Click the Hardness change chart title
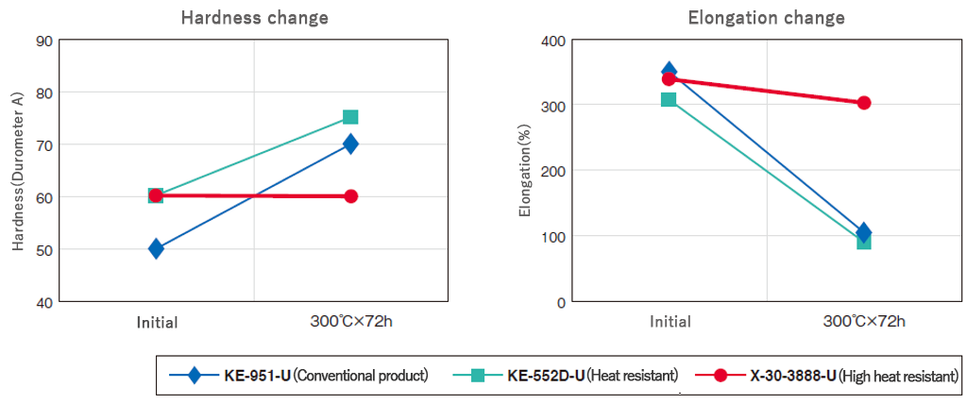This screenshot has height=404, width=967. point(254,17)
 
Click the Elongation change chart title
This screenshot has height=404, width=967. point(766,17)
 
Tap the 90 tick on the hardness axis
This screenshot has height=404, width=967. point(43,41)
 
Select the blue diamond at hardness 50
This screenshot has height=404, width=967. point(156,249)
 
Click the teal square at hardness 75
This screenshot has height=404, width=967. point(350,117)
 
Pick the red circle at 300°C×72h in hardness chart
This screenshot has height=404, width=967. point(350,196)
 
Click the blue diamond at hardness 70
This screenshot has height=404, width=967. point(350,143)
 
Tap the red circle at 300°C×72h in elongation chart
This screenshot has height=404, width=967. point(863,103)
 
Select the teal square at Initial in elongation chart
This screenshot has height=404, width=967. point(669,99)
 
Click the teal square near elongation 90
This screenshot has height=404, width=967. point(863,242)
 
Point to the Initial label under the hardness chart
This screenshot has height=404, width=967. point(156,322)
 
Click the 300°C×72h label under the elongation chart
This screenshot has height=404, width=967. point(863,321)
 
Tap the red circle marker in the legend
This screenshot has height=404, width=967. point(721,376)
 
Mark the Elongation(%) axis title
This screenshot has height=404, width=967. point(525,171)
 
